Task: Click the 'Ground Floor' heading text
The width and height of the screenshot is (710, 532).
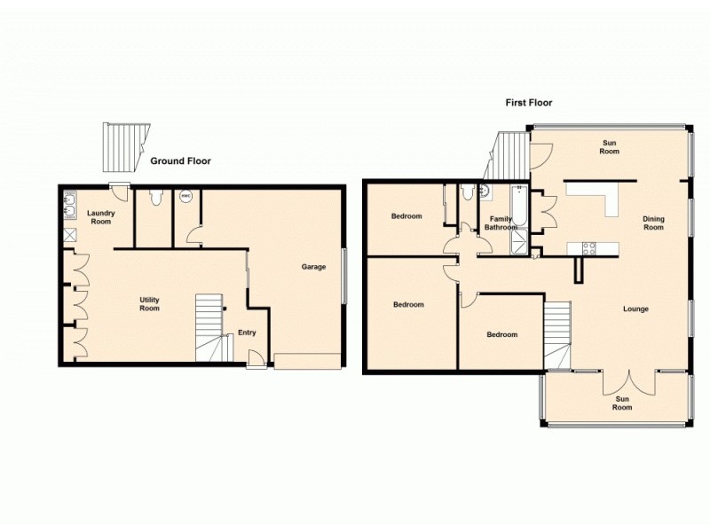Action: pyautogui.click(x=180, y=160)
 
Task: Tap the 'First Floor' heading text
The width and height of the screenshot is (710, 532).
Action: pyautogui.click(x=529, y=103)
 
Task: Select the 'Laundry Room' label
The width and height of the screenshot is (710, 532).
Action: pyautogui.click(x=99, y=217)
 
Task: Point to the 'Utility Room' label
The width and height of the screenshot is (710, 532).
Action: pyautogui.click(x=149, y=304)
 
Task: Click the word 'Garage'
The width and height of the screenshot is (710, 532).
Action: pyautogui.click(x=313, y=267)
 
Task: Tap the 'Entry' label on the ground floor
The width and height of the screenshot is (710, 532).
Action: pyautogui.click(x=247, y=333)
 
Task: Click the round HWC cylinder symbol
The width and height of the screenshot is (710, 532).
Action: pyautogui.click(x=186, y=196)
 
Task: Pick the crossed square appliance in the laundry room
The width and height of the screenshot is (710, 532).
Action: pyautogui.click(x=69, y=237)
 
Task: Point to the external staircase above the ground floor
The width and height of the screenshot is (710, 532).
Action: pyautogui.click(x=123, y=146)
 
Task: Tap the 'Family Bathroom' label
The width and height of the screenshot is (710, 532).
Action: pyautogui.click(x=500, y=223)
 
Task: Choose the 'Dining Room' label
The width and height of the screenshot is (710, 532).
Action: pyautogui.click(x=653, y=223)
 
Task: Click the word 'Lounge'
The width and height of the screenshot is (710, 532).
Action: pyautogui.click(x=635, y=309)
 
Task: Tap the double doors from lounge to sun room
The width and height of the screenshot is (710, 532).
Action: pyautogui.click(x=629, y=381)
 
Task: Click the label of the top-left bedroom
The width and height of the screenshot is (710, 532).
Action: pyautogui.click(x=406, y=216)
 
